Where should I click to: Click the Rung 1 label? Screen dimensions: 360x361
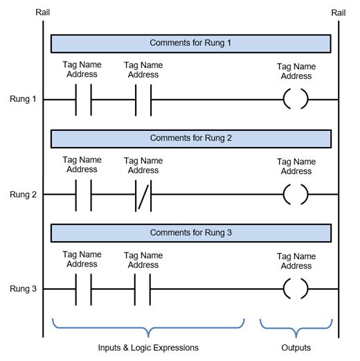(23, 99)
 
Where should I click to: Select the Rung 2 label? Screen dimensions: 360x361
(23, 195)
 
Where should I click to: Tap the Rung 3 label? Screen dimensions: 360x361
(23, 289)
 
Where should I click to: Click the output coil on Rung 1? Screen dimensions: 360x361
(284, 99)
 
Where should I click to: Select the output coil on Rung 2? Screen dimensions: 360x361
(284, 195)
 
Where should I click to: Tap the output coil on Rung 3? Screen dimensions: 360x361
(284, 289)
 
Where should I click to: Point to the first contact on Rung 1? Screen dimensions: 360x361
(75, 100)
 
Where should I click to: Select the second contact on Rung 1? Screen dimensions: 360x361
(136, 100)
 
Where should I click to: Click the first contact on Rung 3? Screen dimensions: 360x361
(75, 289)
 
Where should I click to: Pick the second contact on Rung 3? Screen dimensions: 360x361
(135, 289)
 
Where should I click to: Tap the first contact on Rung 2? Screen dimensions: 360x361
(75, 195)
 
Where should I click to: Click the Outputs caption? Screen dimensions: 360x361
(296, 348)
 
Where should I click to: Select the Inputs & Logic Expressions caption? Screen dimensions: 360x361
(148, 348)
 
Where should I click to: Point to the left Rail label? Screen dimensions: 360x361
(42, 12)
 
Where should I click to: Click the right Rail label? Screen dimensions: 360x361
(339, 12)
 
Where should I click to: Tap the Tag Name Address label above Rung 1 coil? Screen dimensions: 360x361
(296, 71)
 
